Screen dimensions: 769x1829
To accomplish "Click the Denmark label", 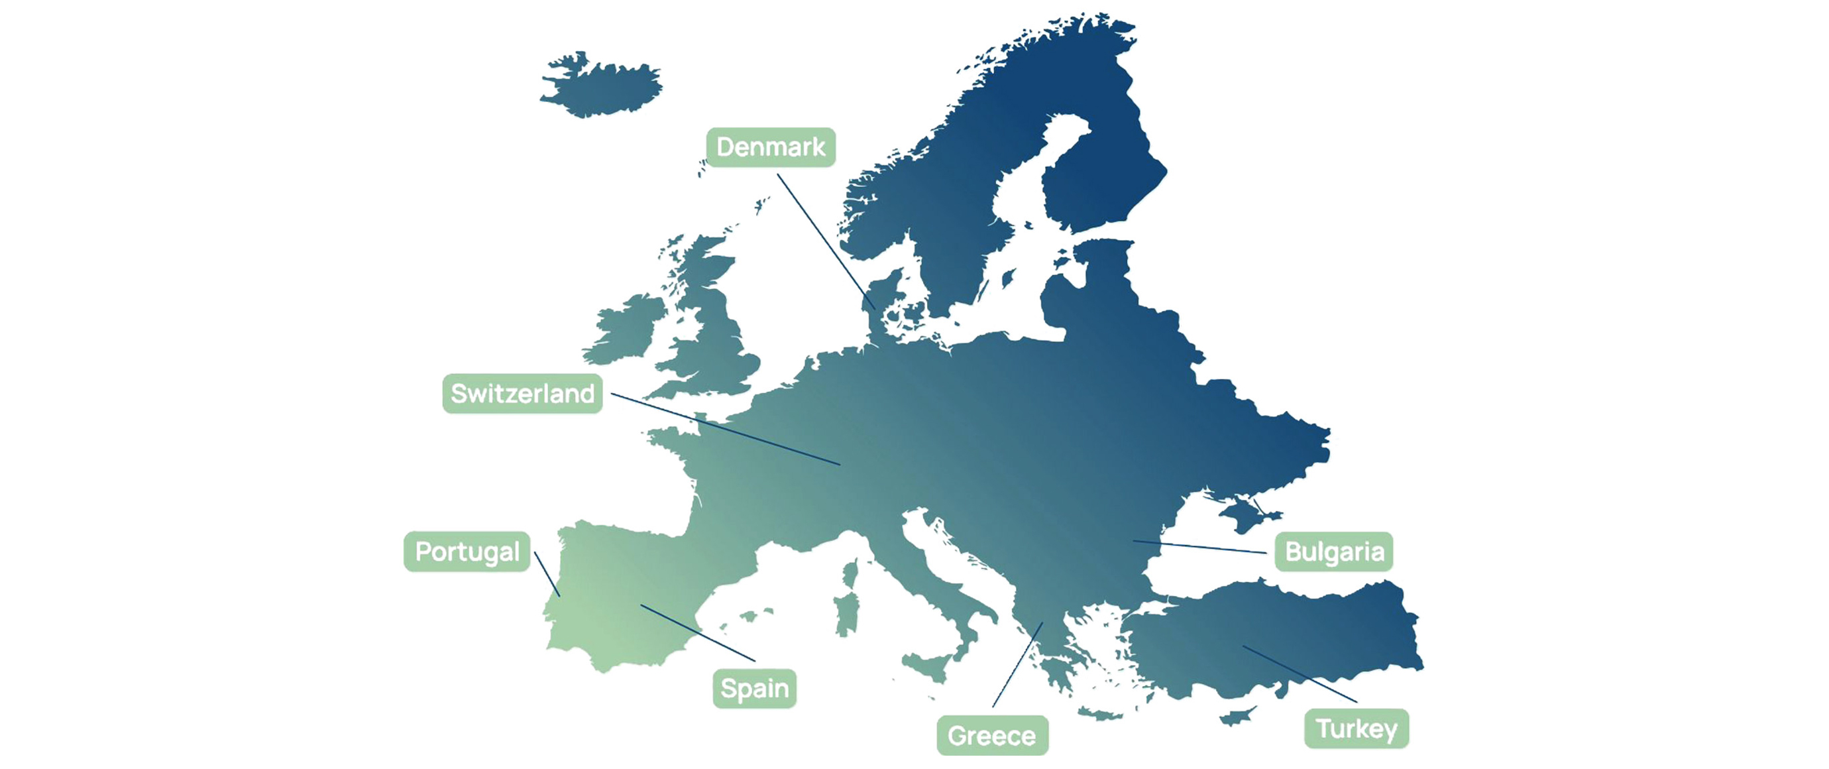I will pos(770,147).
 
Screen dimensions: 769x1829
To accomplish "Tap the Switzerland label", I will pos(523,393).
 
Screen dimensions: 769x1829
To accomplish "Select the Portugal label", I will pos(467,552).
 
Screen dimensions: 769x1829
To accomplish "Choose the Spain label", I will pos(754,688).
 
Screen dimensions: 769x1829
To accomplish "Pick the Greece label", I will pos(992,736).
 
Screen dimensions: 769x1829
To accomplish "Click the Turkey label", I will pos(1356,729).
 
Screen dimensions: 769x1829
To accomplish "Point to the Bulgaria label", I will pos(1333,552).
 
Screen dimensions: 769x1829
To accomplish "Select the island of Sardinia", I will pos(846,615).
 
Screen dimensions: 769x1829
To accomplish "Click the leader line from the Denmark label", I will pos(824,239).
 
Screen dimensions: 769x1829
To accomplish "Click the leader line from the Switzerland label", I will pos(724,429).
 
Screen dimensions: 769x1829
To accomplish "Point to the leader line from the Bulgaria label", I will pos(1200,547).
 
